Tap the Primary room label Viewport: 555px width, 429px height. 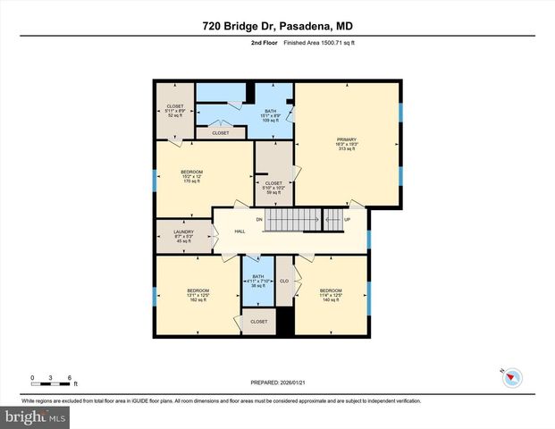click(346, 144)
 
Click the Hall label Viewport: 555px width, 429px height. click(240, 231)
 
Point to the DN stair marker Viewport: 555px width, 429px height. click(259, 219)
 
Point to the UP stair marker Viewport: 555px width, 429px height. click(348, 219)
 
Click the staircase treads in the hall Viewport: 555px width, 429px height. click(293, 219)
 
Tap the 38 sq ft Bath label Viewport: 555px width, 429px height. click(258, 282)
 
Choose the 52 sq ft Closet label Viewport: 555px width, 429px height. click(174, 111)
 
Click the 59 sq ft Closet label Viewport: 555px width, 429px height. click(273, 188)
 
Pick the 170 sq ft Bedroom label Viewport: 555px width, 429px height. click(192, 176)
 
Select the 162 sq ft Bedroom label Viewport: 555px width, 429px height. click(198, 295)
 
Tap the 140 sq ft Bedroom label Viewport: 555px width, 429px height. click(331, 295)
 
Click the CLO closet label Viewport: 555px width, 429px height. click(284, 281)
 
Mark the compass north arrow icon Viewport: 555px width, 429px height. click(512, 376)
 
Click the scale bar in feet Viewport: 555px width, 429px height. click(52, 382)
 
